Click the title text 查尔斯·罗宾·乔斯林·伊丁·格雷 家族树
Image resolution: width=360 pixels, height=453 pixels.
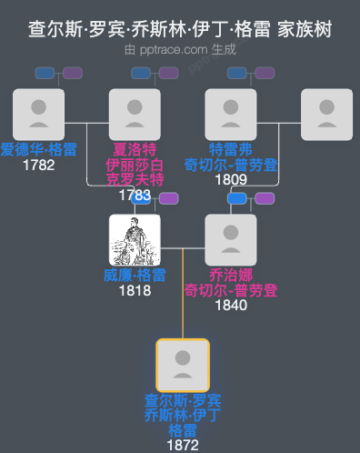pos(180,30)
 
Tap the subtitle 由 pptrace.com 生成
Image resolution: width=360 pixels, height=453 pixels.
pos(180,51)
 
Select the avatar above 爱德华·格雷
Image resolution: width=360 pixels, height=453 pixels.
pos(38,114)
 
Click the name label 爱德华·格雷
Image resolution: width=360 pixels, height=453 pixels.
pos(38,149)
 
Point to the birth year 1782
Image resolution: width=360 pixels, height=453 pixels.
pos(38,165)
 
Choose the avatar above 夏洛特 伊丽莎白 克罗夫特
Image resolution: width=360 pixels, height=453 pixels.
pos(135,114)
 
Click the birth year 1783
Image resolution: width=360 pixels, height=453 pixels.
pos(135,195)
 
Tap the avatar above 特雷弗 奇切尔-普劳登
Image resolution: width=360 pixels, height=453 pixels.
pos(231,114)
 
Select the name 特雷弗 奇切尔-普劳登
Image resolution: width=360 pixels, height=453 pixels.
pos(231,156)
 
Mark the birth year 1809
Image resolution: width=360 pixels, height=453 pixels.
pos(231,179)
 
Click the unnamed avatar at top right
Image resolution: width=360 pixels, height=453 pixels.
pos(326,114)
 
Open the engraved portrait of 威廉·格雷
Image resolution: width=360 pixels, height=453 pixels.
pos(135,239)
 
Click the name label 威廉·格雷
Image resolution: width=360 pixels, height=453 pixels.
pos(135,275)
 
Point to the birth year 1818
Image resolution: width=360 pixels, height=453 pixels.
pos(135,290)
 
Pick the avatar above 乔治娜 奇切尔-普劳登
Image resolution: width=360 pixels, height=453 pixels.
pos(231,239)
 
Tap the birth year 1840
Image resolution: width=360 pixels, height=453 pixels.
pos(231,305)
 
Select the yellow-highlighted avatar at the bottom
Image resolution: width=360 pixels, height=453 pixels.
pos(183,365)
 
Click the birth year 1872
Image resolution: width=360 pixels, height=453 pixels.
pos(183,445)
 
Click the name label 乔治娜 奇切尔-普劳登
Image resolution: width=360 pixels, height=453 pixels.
pos(231,282)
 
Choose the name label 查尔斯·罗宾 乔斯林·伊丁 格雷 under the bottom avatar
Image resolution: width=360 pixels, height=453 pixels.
pos(183,415)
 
